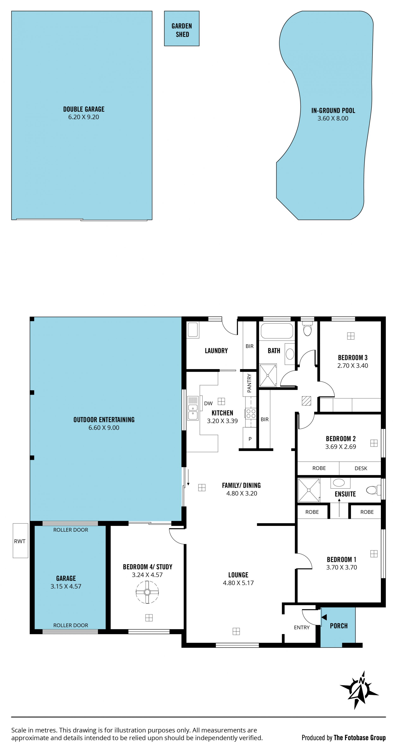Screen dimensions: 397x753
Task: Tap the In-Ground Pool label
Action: tap(333, 110)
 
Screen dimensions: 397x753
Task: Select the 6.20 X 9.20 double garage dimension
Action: tap(84, 117)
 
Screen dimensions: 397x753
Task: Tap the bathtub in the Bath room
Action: tap(277, 331)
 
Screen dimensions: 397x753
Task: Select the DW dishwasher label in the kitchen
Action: tap(208, 403)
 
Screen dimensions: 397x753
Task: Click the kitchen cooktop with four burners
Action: tap(251, 413)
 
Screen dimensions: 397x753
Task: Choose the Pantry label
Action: tap(249, 383)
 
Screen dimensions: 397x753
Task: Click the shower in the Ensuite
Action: tap(309, 490)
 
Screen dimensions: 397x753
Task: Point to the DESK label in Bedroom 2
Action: tap(361, 468)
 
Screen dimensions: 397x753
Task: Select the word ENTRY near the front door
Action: tap(302, 627)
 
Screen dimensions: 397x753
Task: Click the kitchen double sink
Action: tap(193, 408)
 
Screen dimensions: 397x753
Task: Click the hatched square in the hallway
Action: tap(306, 401)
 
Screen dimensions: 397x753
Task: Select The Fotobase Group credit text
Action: tap(360, 738)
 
